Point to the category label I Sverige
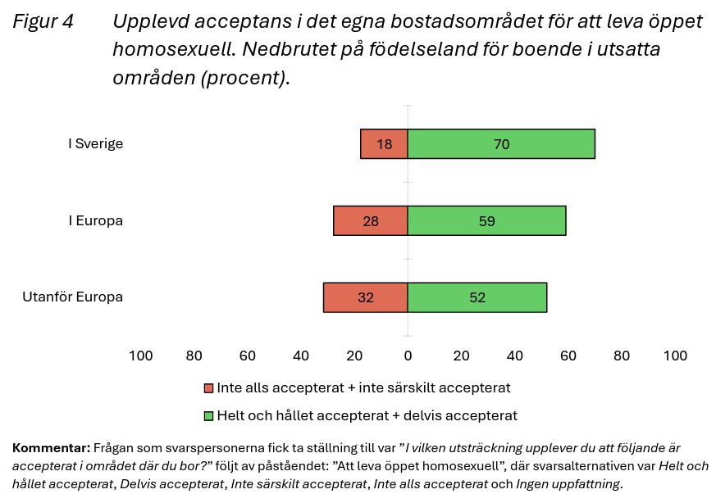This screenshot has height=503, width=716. tap(95, 144)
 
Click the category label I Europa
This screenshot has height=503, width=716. tap(95, 220)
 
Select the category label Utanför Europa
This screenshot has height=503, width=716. tap(72, 297)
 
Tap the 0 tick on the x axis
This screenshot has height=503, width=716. tap(408, 356)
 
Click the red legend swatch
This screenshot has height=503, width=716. tap(209, 388)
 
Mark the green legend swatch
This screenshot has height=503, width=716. tap(209, 416)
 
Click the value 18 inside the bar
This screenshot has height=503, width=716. tap(385, 144)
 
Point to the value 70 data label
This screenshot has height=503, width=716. tap(501, 144)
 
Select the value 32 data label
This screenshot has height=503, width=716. tap(366, 297)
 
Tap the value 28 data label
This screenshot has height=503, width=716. tap(371, 220)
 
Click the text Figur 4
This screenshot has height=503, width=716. tap(43, 22)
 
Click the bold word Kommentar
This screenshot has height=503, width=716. tap(51, 448)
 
